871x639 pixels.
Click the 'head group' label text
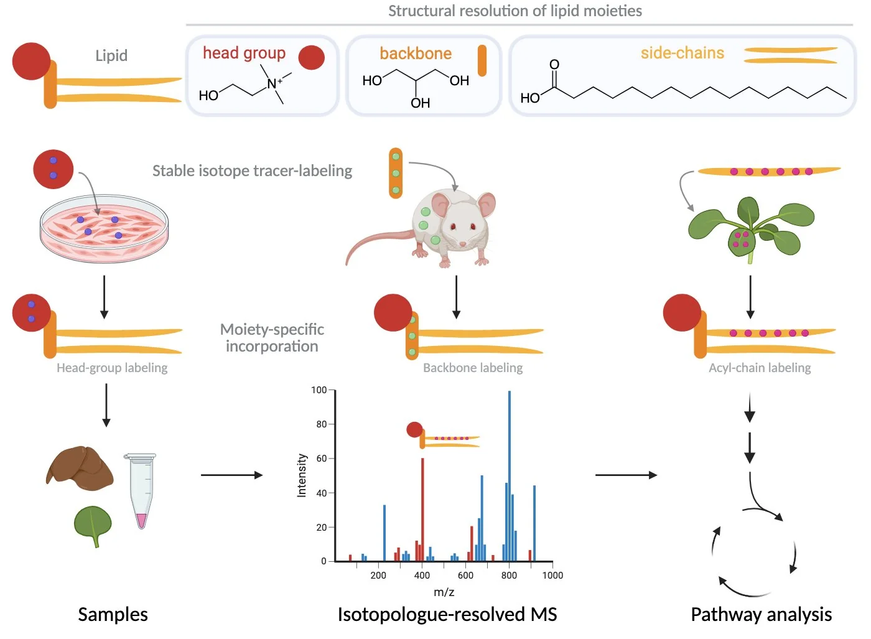244,54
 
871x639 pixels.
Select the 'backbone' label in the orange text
416,54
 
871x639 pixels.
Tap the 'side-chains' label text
682,53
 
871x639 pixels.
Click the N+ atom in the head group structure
272,83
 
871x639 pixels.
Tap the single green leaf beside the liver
93,524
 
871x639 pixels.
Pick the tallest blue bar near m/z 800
510,476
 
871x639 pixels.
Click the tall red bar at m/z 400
422,509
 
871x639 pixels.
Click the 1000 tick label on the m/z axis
552,576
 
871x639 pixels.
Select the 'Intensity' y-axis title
302,475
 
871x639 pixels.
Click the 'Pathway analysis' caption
761,614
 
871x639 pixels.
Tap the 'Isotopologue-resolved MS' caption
447,614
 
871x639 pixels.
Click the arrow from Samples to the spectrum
231,475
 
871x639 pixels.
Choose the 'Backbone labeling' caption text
473,368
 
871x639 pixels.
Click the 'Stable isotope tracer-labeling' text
252,170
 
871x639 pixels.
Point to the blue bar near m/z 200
384,533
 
